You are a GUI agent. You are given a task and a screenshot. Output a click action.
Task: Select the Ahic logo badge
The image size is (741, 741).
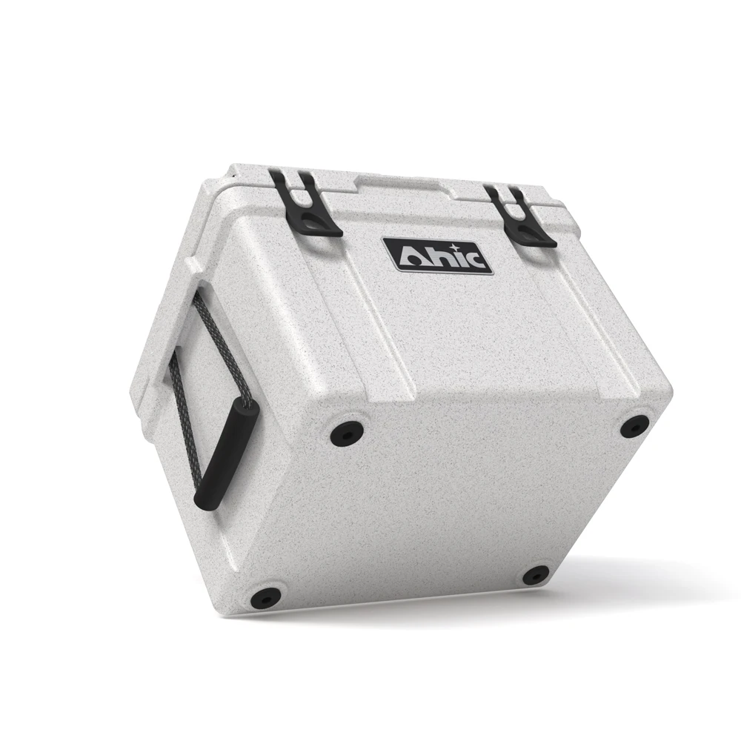click(438, 255)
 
